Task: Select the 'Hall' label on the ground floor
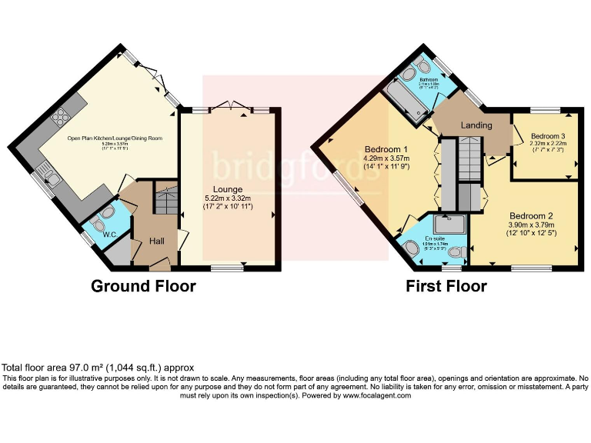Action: click(156, 241)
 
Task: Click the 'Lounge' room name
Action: click(229, 189)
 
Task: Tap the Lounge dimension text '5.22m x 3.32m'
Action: click(229, 198)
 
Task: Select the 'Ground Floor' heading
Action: click(143, 287)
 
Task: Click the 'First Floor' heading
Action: click(446, 287)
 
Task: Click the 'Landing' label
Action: click(477, 125)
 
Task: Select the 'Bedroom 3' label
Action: click(549, 136)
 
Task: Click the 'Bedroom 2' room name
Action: click(531, 216)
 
